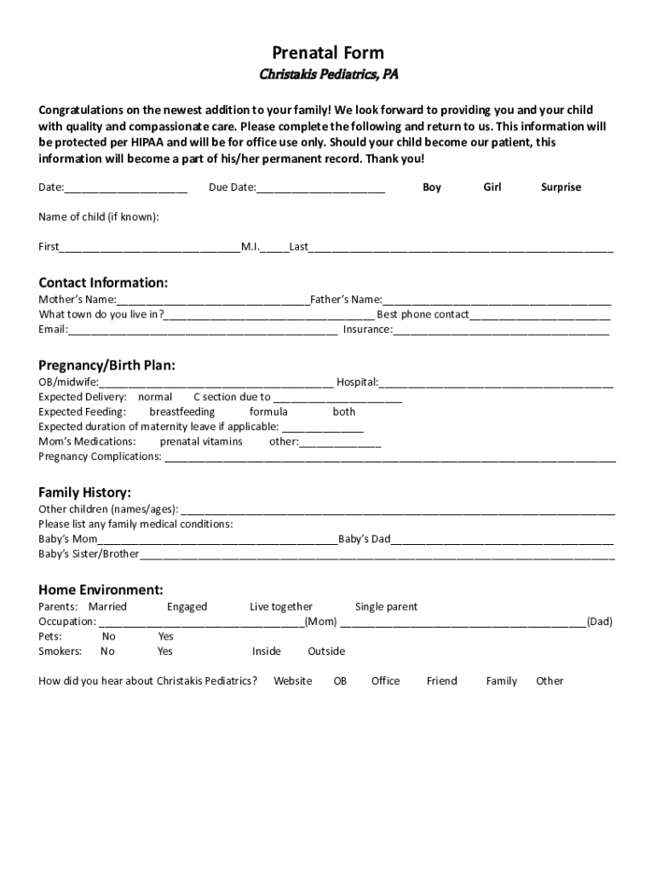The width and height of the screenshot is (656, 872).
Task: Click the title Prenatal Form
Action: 328,53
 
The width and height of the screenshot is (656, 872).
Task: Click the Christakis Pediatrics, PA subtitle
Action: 328,75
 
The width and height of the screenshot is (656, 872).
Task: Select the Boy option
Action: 432,187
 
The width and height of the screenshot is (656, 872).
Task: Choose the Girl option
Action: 492,187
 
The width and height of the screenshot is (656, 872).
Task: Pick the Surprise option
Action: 561,187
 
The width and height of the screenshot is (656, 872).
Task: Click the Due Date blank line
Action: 320,188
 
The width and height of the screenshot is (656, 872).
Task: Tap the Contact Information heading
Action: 103,283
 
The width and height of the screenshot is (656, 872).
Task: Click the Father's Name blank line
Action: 497,301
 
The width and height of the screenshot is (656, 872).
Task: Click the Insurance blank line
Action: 501,330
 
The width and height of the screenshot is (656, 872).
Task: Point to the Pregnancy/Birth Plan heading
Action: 106,365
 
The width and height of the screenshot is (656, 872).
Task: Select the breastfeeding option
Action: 182,412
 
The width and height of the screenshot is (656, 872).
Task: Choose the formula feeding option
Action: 268,412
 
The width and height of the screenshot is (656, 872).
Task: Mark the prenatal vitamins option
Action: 201,442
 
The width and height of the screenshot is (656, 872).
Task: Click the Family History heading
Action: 84,492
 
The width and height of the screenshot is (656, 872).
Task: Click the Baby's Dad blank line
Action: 502,540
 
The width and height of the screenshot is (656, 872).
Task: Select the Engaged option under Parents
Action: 187,607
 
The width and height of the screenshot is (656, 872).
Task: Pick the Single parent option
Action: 386,607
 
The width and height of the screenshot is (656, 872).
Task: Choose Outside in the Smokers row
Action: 326,651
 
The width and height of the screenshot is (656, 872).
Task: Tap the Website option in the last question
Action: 292,681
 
